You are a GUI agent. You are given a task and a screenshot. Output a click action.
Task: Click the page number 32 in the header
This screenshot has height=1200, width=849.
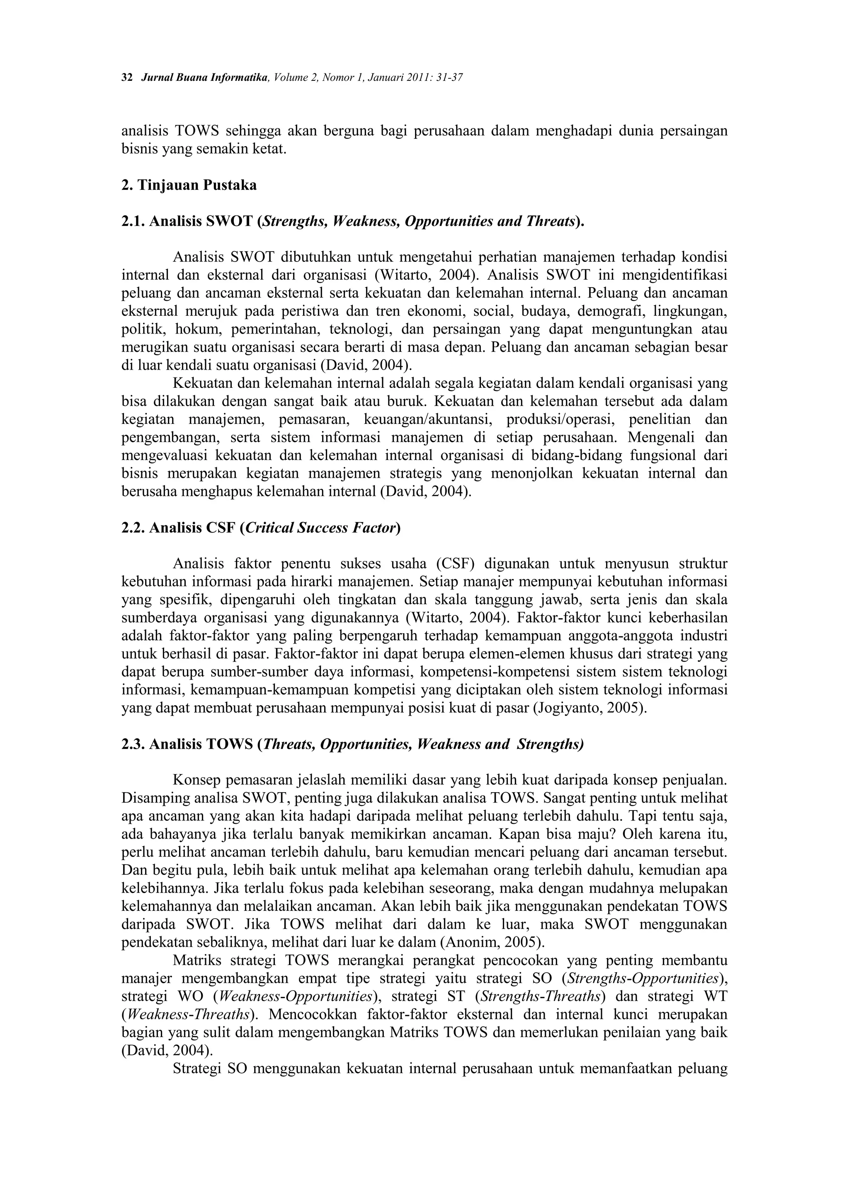pyautogui.click(x=126, y=78)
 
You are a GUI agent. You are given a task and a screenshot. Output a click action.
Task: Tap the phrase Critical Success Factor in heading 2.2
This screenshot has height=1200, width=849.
pyautogui.click(x=320, y=528)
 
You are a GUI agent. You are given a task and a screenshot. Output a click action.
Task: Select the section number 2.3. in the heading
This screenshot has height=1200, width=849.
pyautogui.click(x=133, y=744)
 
